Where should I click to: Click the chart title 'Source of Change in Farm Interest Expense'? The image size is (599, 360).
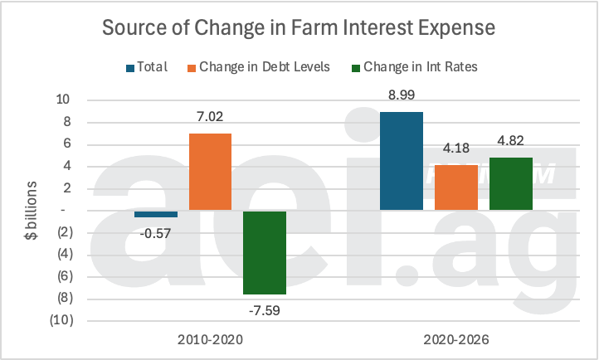[299, 27]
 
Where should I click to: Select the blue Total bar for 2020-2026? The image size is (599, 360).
[401, 161]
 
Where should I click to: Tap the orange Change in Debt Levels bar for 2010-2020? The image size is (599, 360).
[210, 172]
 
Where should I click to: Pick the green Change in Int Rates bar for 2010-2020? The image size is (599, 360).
[265, 252]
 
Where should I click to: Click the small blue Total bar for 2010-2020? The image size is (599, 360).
[156, 214]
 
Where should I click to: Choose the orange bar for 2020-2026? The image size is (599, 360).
[455, 187]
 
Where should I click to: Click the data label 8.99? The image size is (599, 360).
[401, 95]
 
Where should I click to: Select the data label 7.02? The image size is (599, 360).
[210, 117]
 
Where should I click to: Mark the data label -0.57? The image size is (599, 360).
[156, 233]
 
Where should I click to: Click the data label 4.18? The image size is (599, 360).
[455, 148]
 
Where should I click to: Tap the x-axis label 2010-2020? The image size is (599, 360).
[210, 339]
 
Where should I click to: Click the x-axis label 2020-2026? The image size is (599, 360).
[455, 339]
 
